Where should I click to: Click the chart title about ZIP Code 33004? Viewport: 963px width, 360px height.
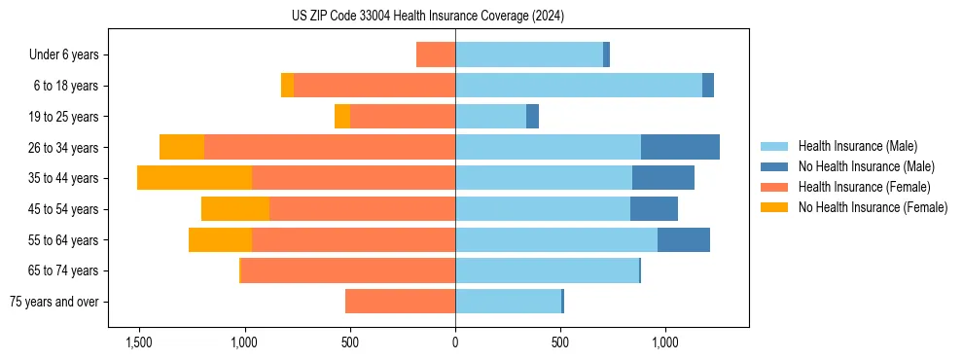(x=428, y=17)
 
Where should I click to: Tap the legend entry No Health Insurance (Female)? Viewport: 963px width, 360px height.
(x=873, y=207)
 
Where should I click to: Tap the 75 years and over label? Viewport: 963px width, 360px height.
(x=54, y=302)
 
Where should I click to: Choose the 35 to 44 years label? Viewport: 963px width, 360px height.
(x=64, y=178)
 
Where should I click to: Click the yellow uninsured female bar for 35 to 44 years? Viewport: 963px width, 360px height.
(x=195, y=178)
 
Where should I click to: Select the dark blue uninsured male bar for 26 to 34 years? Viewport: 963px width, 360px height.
(x=680, y=147)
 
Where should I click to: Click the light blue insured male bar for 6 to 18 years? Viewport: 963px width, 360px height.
(x=579, y=86)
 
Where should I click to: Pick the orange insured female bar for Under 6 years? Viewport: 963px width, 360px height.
(x=436, y=54)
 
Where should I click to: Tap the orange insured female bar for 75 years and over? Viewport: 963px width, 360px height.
(x=400, y=302)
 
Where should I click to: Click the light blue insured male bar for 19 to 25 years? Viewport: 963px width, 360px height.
(x=490, y=117)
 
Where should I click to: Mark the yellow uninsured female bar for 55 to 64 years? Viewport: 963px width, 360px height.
(x=220, y=239)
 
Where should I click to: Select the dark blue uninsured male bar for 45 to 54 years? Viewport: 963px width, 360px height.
(x=654, y=209)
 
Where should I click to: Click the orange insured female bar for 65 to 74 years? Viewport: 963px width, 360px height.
(x=347, y=270)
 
